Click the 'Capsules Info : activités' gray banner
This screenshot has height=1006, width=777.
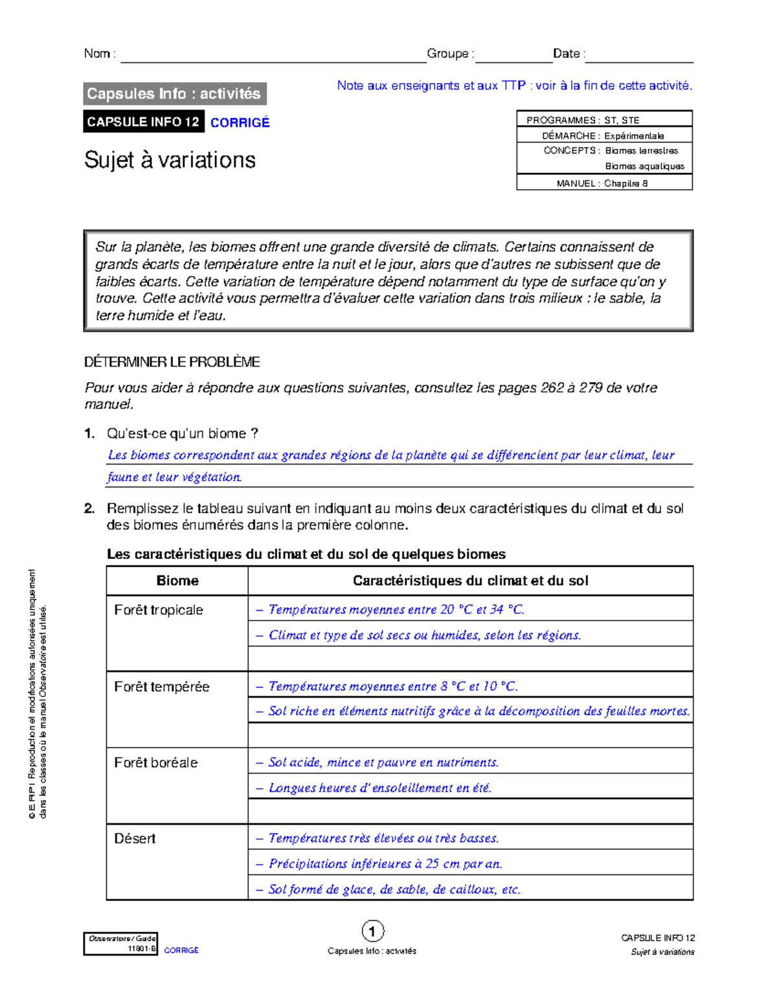click(x=174, y=94)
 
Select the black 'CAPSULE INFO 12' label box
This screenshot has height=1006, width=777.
click(x=143, y=122)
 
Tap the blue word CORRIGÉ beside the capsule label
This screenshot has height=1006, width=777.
click(x=240, y=122)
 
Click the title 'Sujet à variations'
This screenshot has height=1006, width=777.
click(x=170, y=160)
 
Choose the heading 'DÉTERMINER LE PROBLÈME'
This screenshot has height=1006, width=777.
click(x=172, y=362)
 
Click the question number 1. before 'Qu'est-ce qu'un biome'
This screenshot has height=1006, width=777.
click(x=90, y=433)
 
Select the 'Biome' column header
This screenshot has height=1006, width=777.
click(x=177, y=580)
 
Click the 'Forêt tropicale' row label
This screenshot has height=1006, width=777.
click(x=159, y=610)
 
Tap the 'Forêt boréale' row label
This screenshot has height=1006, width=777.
click(x=155, y=762)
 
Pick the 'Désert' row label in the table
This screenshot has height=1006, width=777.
click(x=135, y=838)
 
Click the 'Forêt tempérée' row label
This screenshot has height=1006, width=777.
click(x=161, y=687)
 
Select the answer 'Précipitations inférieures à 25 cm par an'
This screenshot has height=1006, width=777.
click(x=385, y=863)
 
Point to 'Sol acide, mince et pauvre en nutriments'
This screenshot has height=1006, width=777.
click(x=383, y=762)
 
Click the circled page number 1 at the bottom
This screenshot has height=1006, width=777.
click(x=372, y=932)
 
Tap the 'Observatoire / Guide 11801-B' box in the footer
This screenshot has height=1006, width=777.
click(x=121, y=943)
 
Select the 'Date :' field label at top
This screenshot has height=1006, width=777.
click(x=569, y=54)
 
